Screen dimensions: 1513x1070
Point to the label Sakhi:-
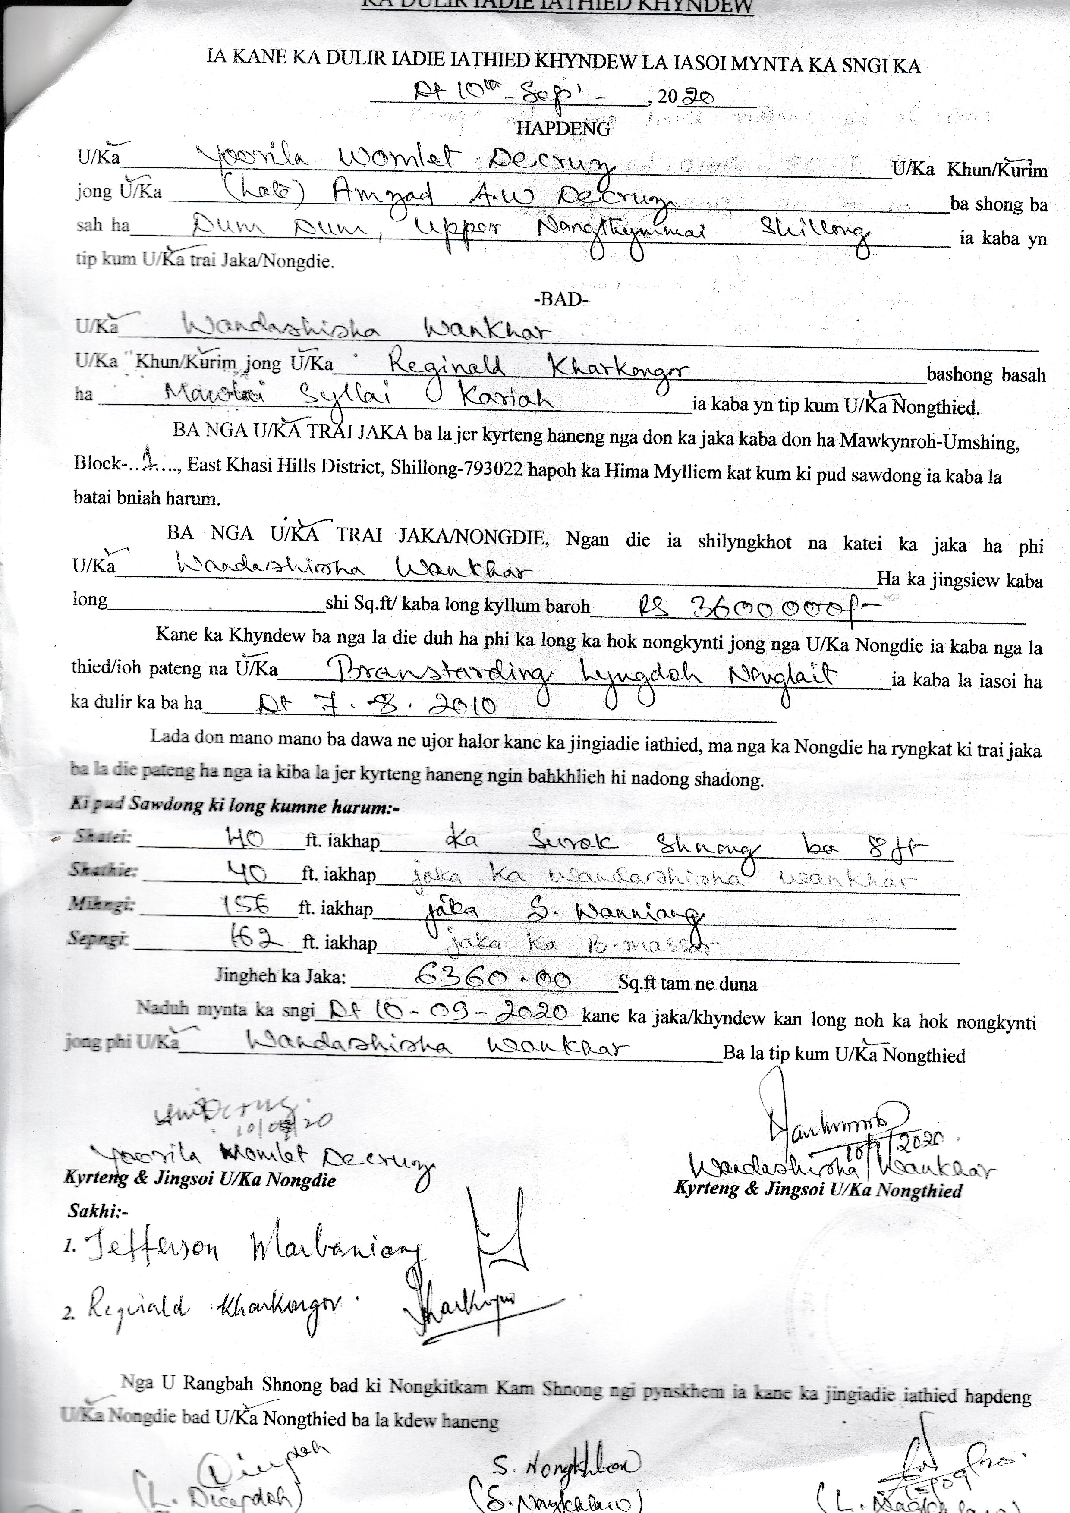click(x=99, y=1211)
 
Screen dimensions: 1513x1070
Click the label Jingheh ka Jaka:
click(x=280, y=977)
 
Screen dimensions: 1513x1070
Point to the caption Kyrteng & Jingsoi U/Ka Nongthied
click(x=817, y=1189)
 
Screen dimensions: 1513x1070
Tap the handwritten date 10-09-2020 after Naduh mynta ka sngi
click(x=448, y=1012)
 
